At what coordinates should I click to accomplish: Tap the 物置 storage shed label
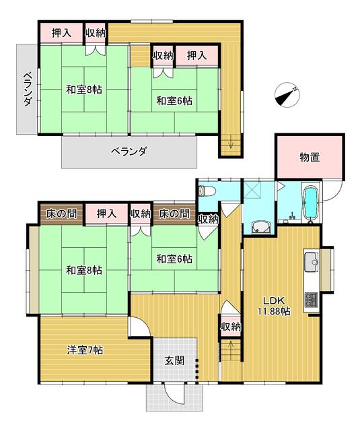coord(310,157)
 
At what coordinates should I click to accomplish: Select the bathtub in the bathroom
coord(310,204)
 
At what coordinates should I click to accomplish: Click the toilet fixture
coord(207,190)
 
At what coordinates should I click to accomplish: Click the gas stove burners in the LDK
coord(311,300)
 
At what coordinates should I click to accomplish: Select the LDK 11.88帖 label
coord(276,306)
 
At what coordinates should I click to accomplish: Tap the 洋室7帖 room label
coord(85,350)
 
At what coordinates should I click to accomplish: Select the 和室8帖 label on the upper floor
coord(84,90)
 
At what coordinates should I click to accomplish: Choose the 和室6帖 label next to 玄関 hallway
coord(175,258)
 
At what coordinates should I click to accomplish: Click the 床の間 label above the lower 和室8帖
coord(60,213)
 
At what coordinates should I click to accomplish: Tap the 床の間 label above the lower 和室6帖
coord(174,213)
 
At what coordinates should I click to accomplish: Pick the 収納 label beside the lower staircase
coord(230,327)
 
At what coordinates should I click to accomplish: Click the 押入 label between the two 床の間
coord(106,213)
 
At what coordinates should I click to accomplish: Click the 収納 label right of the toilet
coord(208,218)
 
